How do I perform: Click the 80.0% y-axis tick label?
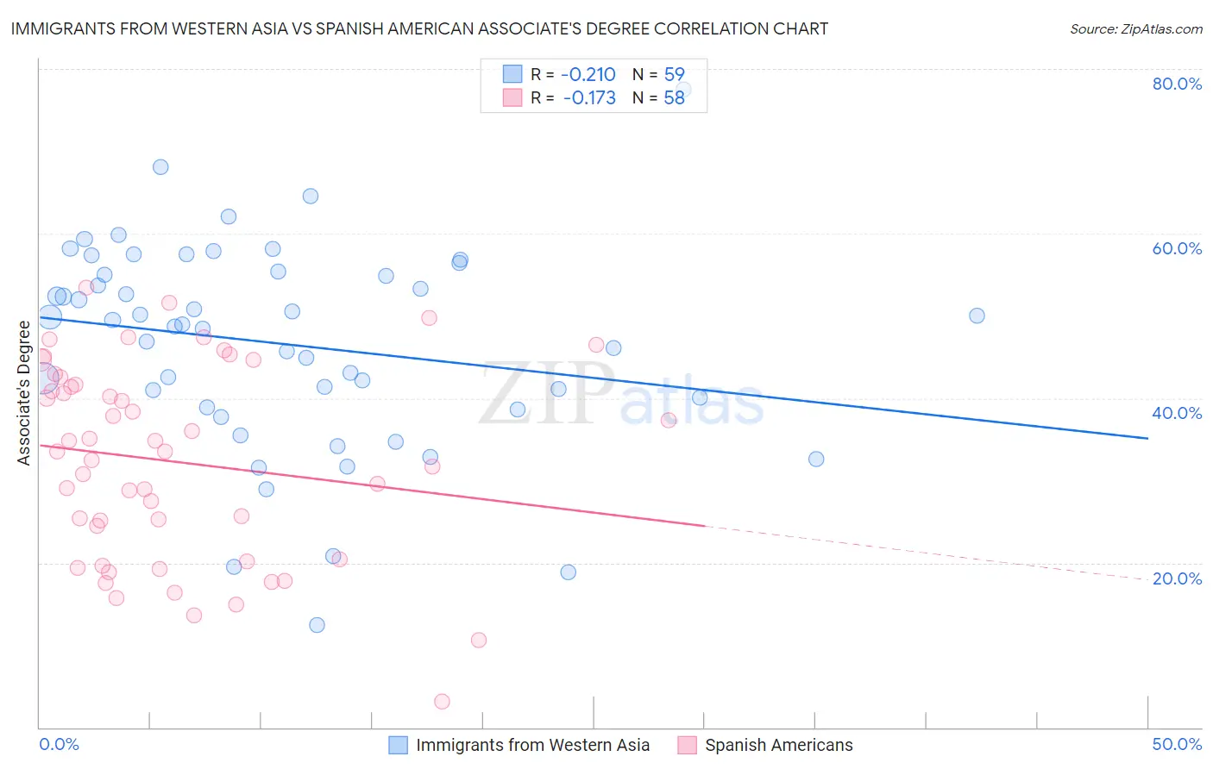1177,84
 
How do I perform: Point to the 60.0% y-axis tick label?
1177,248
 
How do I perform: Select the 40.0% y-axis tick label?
1177,413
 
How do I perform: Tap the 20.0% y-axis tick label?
1177,578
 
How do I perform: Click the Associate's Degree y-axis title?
24,393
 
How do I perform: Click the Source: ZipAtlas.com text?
1135,29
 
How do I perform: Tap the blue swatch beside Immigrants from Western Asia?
398,745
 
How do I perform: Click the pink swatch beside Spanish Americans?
687,745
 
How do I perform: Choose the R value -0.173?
589,98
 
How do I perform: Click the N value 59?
674,75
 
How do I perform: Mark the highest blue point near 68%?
160,167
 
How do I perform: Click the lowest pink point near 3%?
443,702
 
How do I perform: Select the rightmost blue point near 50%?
977,316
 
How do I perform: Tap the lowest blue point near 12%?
317,625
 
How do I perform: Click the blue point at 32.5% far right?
816,460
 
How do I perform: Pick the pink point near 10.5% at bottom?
479,640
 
